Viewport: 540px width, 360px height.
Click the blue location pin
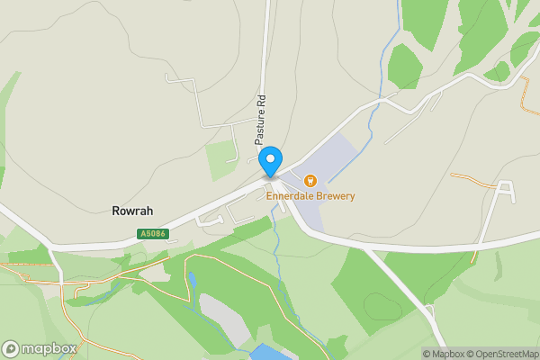tap(269, 161)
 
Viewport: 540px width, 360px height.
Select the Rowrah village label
tap(132, 211)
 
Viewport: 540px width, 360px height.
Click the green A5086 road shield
tap(153, 234)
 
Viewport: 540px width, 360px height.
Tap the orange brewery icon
tap(310, 181)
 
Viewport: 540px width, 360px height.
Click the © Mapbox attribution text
tap(445, 354)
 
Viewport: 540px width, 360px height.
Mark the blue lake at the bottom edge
tap(270, 352)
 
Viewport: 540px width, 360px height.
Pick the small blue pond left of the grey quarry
tap(192, 280)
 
